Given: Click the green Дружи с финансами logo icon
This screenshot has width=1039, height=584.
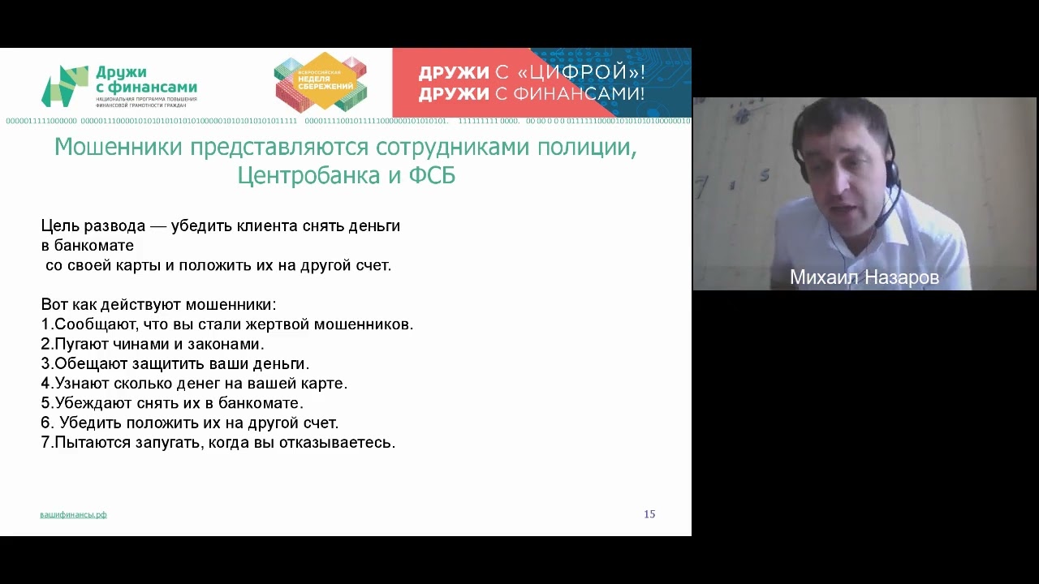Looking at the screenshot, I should [x=64, y=86].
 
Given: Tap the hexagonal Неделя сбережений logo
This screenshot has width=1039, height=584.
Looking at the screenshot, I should [x=320, y=82].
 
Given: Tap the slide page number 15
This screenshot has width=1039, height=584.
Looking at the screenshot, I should [x=649, y=514].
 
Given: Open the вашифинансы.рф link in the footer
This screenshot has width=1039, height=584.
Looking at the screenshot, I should [x=73, y=514].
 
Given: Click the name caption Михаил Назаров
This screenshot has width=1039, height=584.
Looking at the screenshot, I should [x=864, y=277].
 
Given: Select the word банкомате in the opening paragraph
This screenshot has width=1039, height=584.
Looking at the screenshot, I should [x=94, y=245].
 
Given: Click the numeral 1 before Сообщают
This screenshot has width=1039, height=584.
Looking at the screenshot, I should [x=45, y=324].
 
